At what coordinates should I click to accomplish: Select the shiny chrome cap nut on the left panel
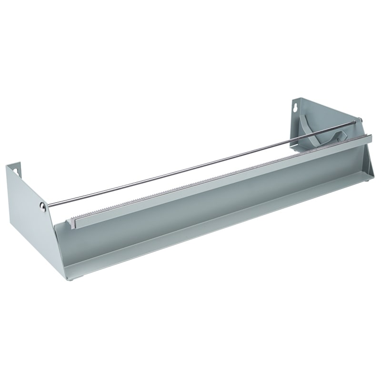[x=43, y=206]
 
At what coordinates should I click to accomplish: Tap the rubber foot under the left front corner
[x=70, y=280]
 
